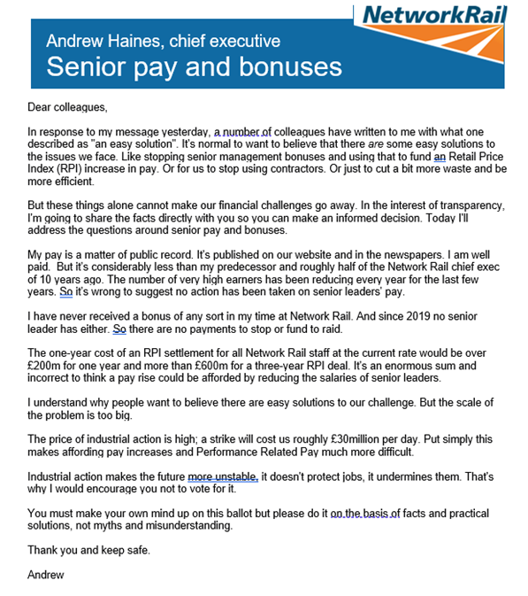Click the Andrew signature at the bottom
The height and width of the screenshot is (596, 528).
point(46,575)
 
